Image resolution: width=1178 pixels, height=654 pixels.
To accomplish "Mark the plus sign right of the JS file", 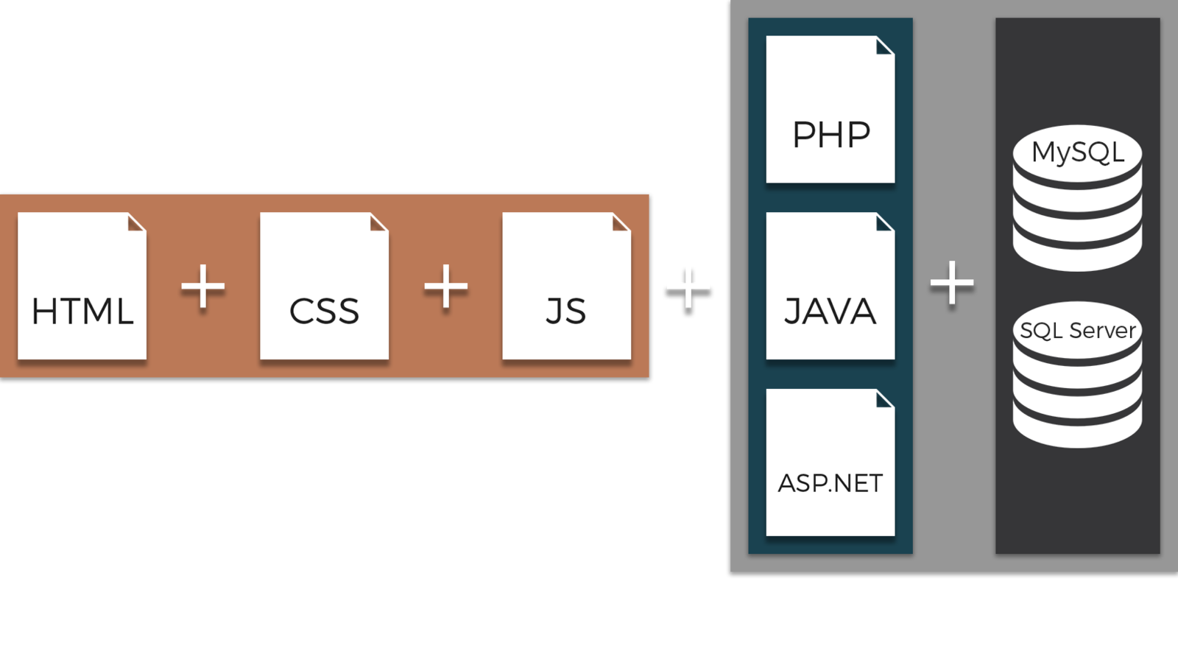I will click(688, 286).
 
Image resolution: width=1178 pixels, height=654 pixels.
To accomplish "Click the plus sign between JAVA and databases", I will click(952, 283).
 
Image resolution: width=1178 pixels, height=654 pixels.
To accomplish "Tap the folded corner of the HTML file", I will click(137, 222).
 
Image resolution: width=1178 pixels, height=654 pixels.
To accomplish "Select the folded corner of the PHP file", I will click(886, 46).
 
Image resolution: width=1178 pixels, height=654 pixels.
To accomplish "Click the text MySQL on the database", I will click(1077, 152).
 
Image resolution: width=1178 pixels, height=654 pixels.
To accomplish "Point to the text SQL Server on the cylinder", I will click(1077, 331).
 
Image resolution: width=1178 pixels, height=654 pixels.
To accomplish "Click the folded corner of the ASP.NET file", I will click(886, 398).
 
